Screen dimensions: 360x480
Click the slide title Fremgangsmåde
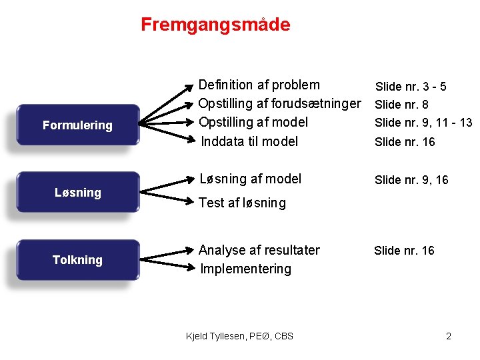215,25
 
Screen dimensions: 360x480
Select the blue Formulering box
78,125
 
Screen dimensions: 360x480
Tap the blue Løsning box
78,193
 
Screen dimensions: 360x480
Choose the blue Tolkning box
78,260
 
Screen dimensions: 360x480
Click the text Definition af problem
259,85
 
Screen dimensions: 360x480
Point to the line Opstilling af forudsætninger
280,103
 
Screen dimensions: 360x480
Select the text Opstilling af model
253,122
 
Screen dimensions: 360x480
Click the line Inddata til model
249,141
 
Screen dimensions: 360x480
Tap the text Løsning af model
251,179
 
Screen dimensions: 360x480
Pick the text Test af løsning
243,203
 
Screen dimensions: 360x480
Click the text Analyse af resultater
259,250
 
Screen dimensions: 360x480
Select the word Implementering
245,269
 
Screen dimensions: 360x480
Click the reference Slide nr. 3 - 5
411,87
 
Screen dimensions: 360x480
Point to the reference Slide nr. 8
401,105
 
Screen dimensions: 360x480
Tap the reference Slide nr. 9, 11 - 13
423,123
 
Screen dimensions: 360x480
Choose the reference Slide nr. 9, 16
411,180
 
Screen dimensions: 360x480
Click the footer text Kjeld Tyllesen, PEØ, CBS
239,335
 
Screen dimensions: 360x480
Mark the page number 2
449,335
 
